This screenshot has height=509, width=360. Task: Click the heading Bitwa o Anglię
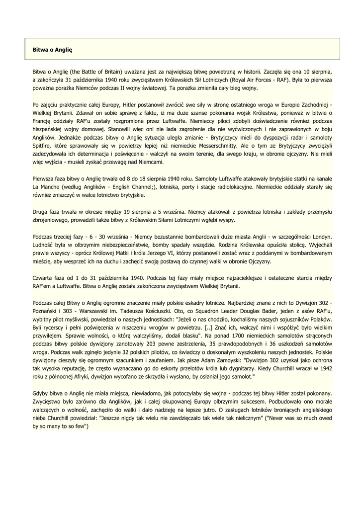(x=53, y=50)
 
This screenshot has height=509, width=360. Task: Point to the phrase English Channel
(x=129, y=187)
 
